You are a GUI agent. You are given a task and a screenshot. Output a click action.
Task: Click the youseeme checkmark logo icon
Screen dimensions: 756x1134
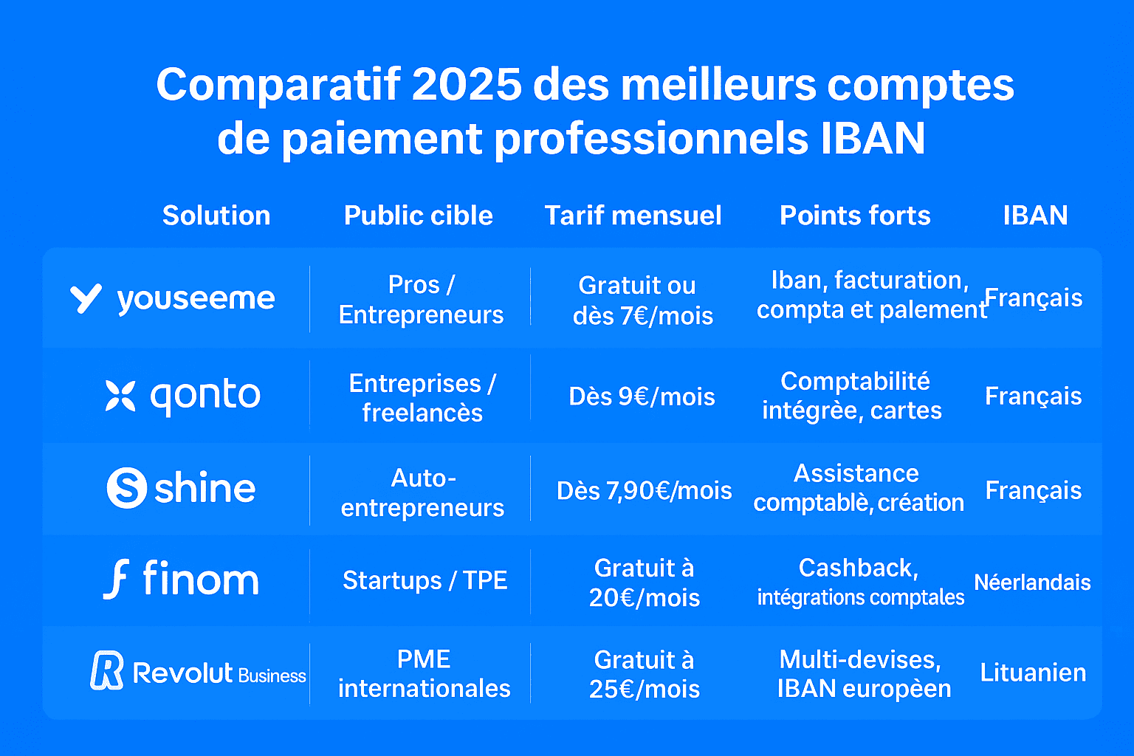click(86, 298)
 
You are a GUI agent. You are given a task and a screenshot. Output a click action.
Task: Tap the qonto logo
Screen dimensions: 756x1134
click(183, 396)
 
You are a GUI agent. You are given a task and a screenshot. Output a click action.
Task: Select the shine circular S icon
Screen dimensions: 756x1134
click(127, 488)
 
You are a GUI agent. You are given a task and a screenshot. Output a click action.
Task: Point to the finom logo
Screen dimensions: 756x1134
click(182, 579)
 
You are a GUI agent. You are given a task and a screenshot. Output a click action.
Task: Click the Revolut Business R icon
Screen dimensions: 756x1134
click(107, 670)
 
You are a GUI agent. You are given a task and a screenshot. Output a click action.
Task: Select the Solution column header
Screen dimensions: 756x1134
click(216, 216)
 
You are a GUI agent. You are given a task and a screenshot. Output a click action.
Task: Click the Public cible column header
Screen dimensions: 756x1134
click(419, 216)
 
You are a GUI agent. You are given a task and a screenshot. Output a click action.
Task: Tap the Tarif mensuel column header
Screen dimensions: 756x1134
click(633, 216)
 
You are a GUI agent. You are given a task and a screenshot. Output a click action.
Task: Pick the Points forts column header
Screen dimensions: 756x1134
click(855, 216)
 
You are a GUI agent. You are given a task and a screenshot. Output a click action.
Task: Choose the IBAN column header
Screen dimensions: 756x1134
click(1035, 216)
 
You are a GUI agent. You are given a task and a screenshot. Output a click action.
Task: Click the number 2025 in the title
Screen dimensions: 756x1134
click(467, 85)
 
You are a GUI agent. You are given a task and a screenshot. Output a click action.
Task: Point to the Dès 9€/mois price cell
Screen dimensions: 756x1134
click(642, 397)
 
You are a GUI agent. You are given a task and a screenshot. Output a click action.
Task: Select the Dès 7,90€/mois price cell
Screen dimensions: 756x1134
click(644, 491)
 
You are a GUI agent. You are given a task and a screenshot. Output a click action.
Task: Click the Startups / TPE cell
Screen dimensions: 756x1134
click(425, 580)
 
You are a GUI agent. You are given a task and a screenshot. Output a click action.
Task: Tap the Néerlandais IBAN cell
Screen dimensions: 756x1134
click(1032, 583)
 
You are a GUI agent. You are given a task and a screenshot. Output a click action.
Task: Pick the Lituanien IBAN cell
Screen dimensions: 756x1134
click(1033, 673)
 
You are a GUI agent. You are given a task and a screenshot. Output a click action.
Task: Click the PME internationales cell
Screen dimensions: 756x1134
click(424, 673)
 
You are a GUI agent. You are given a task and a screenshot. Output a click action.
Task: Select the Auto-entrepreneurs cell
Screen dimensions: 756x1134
click(423, 493)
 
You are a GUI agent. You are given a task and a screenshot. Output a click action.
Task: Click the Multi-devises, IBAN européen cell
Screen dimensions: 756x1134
click(863, 673)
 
